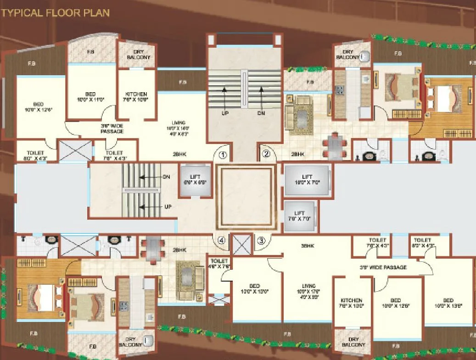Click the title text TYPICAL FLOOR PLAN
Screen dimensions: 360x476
click(x=56, y=12)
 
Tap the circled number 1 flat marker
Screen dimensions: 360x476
click(x=223, y=155)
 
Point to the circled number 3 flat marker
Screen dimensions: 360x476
click(x=261, y=239)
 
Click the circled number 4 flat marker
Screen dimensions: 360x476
click(x=222, y=240)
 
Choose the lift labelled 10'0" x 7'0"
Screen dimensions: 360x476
click(x=307, y=180)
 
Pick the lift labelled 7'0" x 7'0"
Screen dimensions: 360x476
click(x=299, y=216)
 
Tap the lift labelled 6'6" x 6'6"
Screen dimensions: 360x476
click(x=195, y=179)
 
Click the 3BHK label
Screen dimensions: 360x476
click(x=307, y=246)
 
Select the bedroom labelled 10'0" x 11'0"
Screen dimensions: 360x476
click(x=90, y=96)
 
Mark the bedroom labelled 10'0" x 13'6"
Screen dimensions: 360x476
click(x=448, y=304)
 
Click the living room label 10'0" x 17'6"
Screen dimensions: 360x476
click(x=308, y=294)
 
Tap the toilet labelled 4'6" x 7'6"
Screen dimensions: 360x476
click(x=217, y=263)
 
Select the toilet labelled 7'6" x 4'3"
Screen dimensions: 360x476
click(x=114, y=155)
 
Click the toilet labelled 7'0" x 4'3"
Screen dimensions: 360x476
click(x=378, y=243)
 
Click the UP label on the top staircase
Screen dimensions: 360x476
click(x=224, y=112)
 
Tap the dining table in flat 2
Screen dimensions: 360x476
click(x=335, y=146)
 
